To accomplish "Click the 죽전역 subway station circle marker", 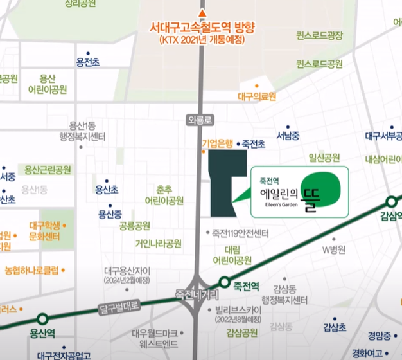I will [224, 282].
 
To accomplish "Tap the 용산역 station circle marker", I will [42, 319].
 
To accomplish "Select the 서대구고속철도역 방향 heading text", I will [202, 28].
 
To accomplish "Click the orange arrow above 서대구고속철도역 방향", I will [203, 14].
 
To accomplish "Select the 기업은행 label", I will [217, 145].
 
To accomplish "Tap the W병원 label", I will [334, 249].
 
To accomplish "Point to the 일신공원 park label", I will [324, 157].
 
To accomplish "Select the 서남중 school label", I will [288, 136].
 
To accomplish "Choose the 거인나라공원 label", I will [158, 244].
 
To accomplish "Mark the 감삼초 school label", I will [335, 327].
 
